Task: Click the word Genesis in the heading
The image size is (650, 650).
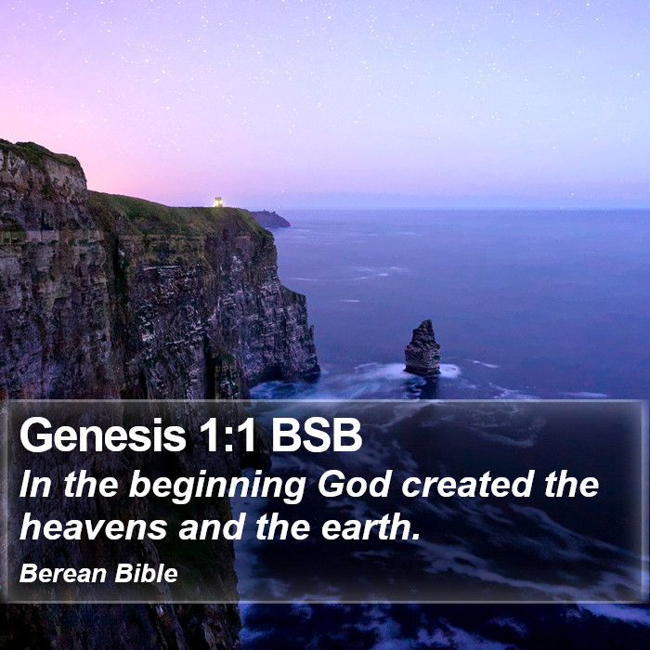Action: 103,435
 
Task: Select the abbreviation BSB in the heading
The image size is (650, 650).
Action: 317,435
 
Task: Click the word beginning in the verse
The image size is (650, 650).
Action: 217,486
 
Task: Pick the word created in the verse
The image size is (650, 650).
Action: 468,484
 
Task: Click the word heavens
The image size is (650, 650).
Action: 93,526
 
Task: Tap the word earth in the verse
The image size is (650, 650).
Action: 368,526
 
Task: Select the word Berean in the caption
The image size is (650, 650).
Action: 63,573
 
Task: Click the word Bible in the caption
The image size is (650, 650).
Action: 147,573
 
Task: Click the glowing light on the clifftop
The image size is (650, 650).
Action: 218,201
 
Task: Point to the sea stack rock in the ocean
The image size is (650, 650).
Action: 422,348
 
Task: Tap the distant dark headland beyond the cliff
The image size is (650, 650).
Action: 270,219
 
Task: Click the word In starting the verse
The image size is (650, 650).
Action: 35,484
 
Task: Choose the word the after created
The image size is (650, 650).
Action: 572,484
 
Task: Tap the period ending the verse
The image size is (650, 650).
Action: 416,538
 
